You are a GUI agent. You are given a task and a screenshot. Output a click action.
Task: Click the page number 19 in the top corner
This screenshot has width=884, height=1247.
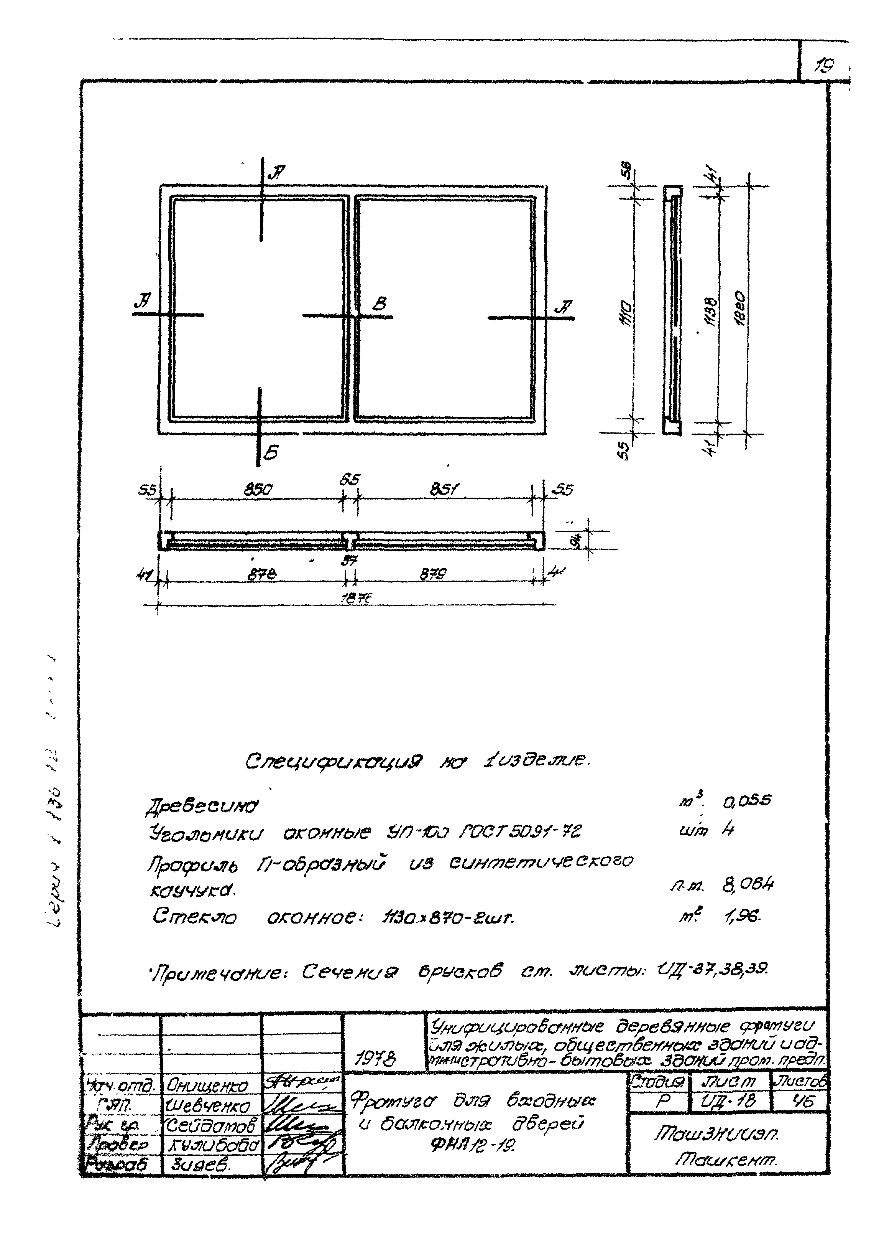[x=824, y=66]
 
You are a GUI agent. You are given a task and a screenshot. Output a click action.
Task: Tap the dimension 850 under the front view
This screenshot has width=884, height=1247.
[x=258, y=490]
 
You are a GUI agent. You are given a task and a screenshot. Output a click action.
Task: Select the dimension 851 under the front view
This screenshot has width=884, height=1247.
[x=445, y=490]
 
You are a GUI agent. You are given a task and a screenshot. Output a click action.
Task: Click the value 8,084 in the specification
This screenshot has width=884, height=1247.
[x=748, y=884]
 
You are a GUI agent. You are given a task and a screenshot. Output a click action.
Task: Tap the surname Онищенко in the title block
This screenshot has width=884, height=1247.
[x=207, y=1086]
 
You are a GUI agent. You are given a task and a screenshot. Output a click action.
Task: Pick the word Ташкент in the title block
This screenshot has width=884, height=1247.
[x=726, y=1160]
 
